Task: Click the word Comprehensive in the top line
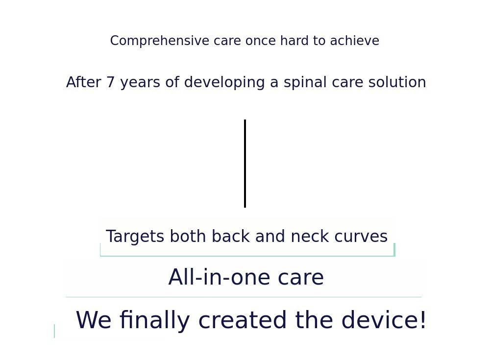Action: (160, 41)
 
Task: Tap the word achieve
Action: (355, 41)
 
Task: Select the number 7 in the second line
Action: (111, 82)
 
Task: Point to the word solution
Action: (397, 82)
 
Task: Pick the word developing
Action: (224, 83)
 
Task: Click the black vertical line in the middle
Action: (245, 164)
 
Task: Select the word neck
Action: (310, 236)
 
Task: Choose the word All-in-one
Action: (220, 277)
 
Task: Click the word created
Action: (243, 320)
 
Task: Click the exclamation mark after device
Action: (423, 320)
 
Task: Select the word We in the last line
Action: (94, 320)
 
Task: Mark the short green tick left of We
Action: (54, 331)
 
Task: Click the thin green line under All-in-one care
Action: (244, 297)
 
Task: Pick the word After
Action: (83, 82)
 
